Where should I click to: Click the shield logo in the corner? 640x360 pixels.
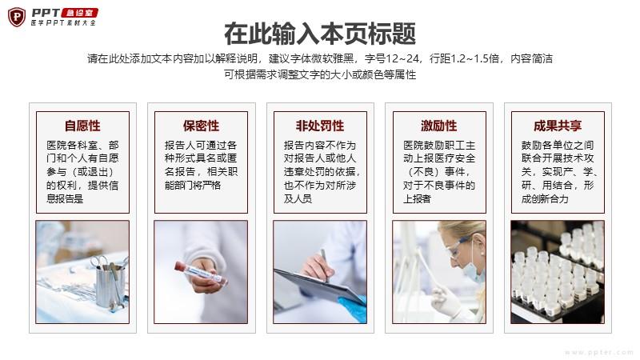[x=17, y=17]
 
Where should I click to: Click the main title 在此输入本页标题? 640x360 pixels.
[x=320, y=34]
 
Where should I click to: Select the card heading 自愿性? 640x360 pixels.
[x=82, y=126]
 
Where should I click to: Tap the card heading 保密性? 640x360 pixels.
[x=201, y=126]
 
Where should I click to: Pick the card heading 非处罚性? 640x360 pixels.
[x=320, y=126]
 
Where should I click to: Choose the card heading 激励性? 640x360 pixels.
[x=439, y=126]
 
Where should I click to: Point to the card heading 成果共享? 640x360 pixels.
[x=558, y=126]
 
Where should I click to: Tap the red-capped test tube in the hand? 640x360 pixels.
[x=200, y=274]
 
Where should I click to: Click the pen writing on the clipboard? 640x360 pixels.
[x=325, y=266]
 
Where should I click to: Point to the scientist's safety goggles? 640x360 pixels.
[x=459, y=248]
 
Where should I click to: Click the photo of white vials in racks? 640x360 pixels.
[x=558, y=272]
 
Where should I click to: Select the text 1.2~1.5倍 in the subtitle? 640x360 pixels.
[x=474, y=58]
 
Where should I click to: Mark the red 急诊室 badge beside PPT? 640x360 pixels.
[x=79, y=13]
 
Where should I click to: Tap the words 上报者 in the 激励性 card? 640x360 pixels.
[x=417, y=198]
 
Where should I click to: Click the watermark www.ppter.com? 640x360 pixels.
[x=598, y=352]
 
